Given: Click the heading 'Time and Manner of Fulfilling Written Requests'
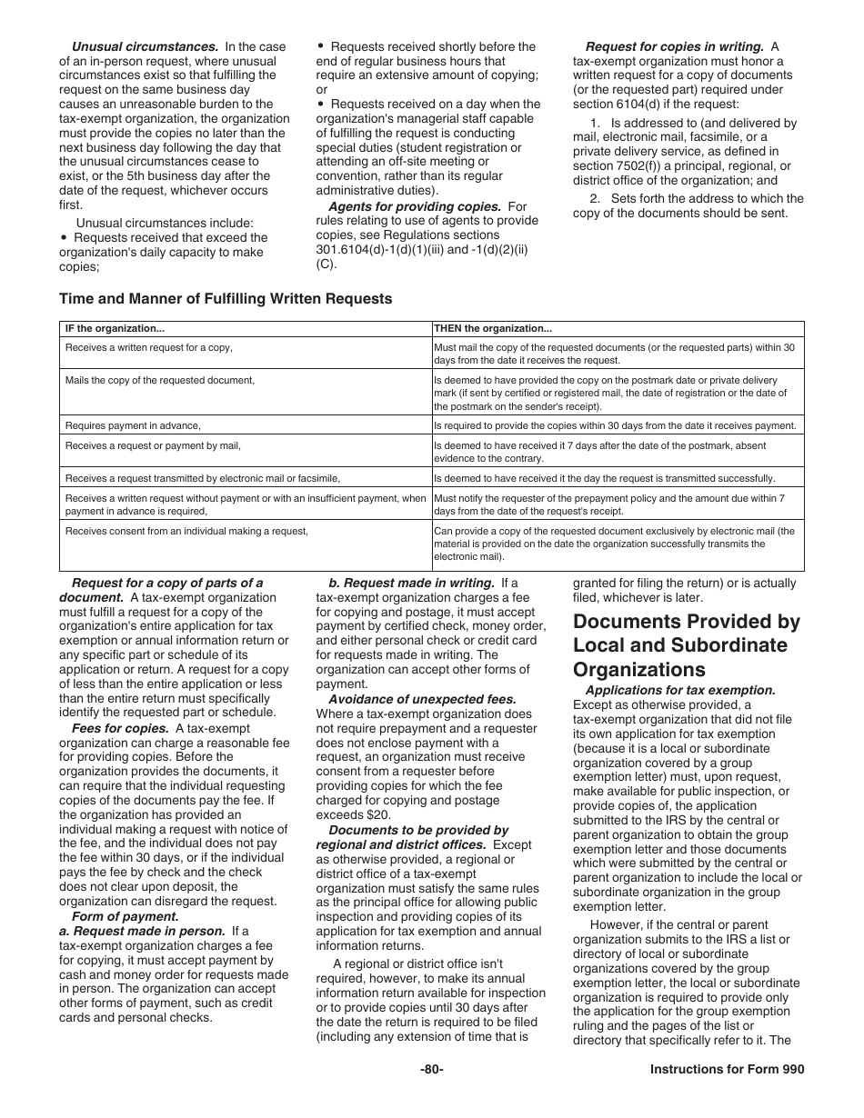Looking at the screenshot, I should point(226,298).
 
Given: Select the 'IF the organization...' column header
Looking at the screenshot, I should point(115,329).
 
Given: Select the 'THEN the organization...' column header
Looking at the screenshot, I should point(493,329).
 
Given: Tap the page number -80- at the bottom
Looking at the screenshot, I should point(431,1070).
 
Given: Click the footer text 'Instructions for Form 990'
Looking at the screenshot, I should point(727,1070).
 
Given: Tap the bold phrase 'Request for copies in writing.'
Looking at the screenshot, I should point(674,46).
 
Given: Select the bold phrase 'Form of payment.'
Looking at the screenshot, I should point(126,916).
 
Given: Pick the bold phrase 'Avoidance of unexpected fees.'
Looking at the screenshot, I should point(422,699).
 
